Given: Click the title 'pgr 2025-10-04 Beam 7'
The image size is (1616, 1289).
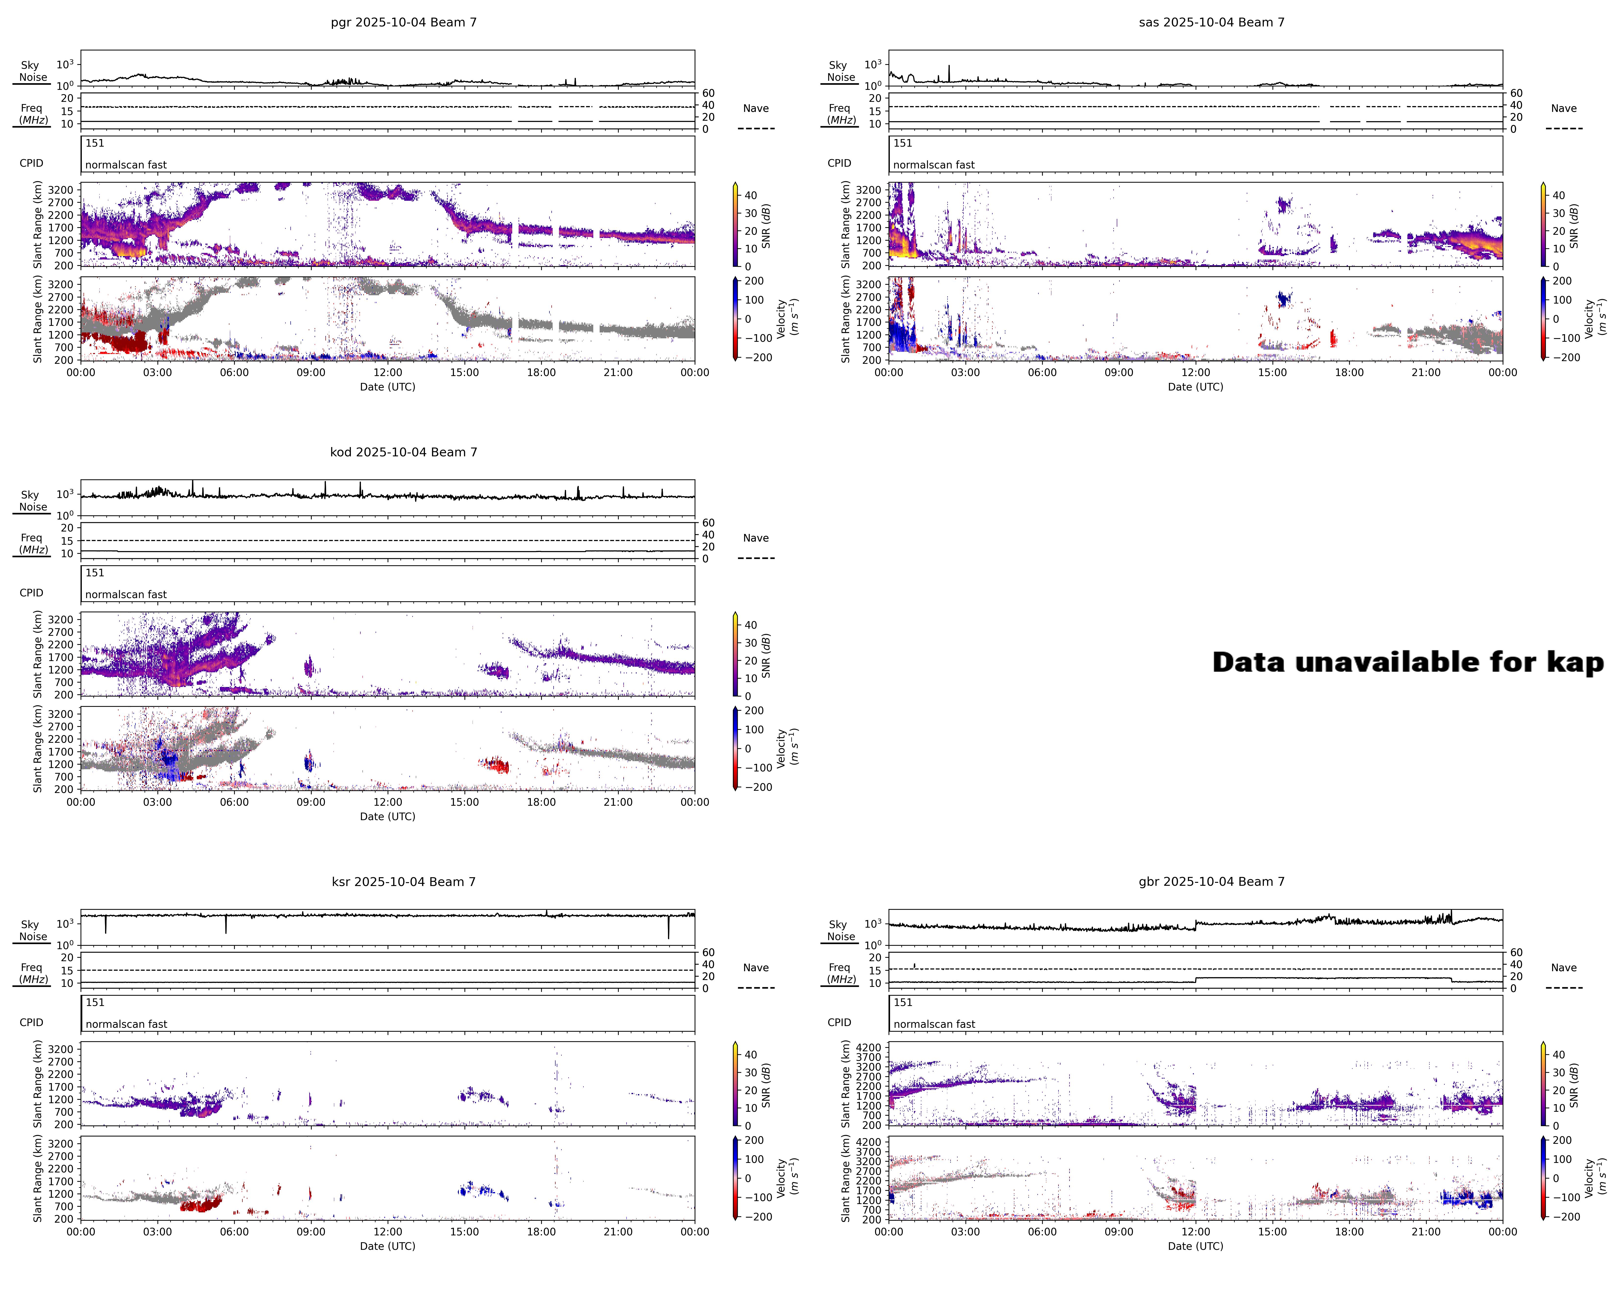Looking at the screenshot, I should coord(403,23).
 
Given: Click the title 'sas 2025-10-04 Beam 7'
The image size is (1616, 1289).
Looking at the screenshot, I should coord(1211,23).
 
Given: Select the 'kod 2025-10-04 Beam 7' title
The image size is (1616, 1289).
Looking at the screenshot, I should coord(403,452).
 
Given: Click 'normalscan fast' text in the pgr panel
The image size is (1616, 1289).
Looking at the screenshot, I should coord(126,165).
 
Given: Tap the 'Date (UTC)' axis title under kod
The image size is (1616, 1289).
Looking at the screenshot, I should coord(388,816).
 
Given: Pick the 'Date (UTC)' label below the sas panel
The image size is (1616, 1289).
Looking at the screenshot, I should coord(1196,387).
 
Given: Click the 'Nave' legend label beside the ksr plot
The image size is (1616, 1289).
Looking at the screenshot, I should coord(756,968).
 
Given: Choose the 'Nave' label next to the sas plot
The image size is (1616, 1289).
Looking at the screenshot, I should coord(1564,109).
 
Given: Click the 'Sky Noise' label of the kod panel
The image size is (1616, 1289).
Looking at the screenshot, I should coord(32,501).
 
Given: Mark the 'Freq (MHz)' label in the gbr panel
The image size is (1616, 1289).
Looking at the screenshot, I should coord(841,973).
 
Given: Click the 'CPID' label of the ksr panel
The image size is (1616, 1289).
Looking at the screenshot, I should coord(32,1022).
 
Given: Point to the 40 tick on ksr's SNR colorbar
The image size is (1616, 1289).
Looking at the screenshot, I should coord(750,1054).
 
